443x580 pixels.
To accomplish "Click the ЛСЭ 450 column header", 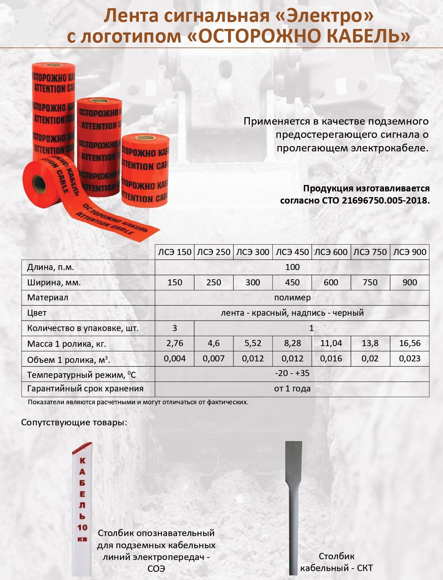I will tap(292, 252).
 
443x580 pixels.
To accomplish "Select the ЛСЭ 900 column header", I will tap(409, 252).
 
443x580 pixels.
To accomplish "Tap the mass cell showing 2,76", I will tap(175, 344).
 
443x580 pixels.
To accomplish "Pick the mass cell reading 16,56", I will tap(409, 344).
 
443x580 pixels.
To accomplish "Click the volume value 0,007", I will tap(213, 359).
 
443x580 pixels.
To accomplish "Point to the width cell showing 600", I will tap(331, 282).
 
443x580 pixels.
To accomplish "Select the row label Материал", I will tap(47, 298).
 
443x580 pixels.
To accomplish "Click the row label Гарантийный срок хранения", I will tap(85, 389).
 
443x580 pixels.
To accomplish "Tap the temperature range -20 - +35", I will tap(292, 374).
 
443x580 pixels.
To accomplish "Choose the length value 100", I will tap(292, 267).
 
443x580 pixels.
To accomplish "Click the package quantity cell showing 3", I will tap(175, 328).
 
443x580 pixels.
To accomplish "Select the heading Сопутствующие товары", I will tap(74, 423).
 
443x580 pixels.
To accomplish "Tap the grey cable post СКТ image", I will tap(293, 507).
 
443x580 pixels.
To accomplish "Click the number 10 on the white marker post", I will tap(82, 527).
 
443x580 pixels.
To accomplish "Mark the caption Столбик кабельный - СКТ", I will tap(336, 562).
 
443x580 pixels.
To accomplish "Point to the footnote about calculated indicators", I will tap(138, 402).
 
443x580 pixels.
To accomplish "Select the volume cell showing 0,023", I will tap(409, 359).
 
